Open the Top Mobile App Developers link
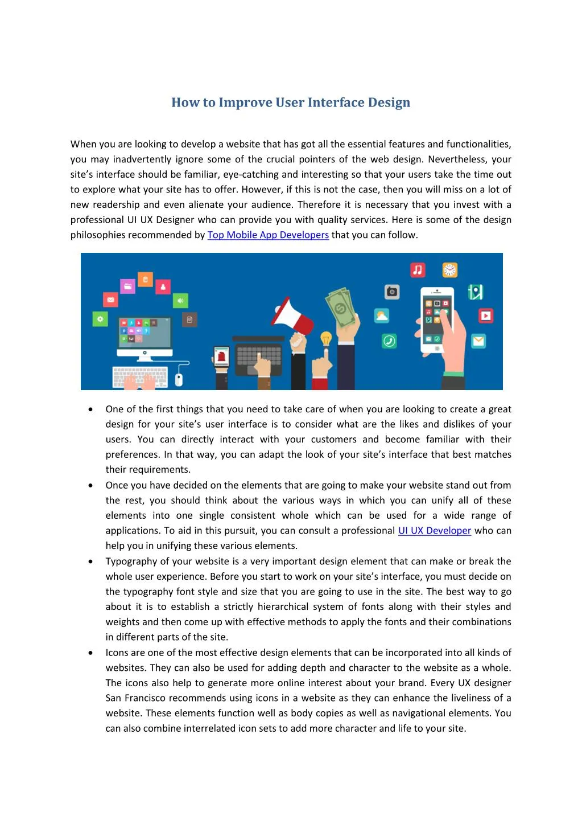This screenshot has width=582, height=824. coord(268,235)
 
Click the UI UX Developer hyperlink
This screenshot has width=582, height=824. coord(435,531)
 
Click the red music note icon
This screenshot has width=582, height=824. coord(418,270)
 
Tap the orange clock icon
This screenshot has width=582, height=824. coord(450,269)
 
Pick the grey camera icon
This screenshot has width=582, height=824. coord(392,292)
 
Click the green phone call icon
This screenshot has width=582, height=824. coord(389,341)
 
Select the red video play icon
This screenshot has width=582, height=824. coord(486,315)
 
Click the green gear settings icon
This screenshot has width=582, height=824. coord(101,318)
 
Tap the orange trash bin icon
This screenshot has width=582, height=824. coord(145,280)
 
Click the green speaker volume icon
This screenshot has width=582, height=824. coord(180,300)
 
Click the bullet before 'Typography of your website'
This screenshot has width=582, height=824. coord(91,561)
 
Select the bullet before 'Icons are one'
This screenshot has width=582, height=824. coord(91,653)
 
